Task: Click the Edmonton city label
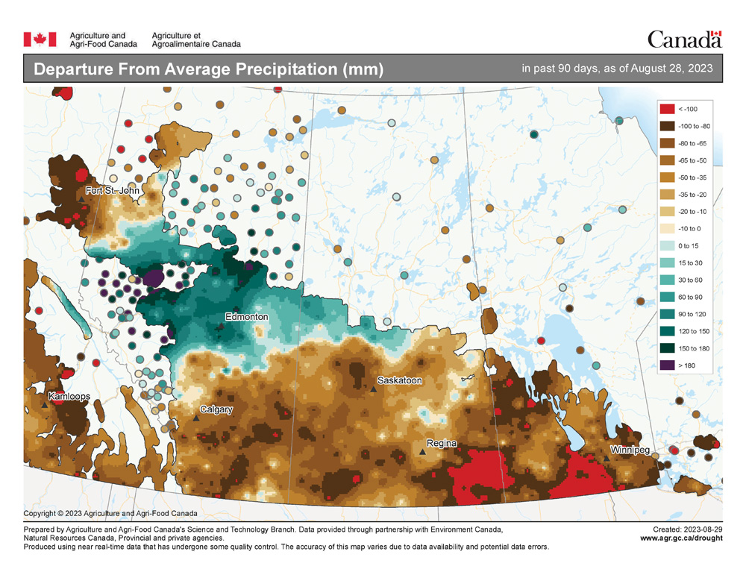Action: click(x=246, y=317)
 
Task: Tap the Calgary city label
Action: click(x=216, y=409)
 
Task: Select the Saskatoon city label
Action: click(x=400, y=380)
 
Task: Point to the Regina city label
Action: click(x=442, y=444)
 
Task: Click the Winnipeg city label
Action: click(x=630, y=450)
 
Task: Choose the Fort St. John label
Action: click(x=113, y=191)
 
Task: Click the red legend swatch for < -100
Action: click(x=667, y=109)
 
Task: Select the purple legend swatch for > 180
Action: click(x=667, y=365)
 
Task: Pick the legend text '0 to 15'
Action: click(x=690, y=245)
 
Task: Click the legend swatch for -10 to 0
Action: click(x=667, y=228)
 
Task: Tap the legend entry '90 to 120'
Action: click(x=691, y=314)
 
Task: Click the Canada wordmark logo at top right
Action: click(x=684, y=39)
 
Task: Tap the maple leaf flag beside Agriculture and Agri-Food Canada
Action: click(x=41, y=39)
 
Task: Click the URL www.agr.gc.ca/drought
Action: click(x=681, y=538)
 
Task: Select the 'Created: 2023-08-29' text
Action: click(x=687, y=529)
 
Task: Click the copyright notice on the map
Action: click(x=110, y=513)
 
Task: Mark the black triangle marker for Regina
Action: click(x=422, y=452)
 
